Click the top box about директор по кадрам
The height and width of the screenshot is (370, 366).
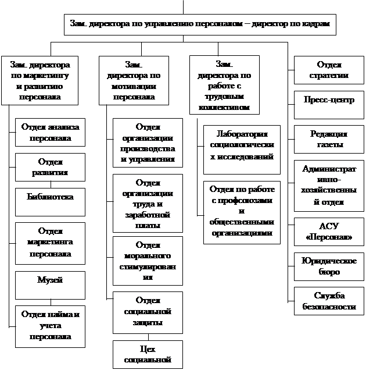tap(200, 24)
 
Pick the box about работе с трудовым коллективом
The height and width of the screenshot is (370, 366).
tap(224, 84)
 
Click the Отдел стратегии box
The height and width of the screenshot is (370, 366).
tap(329, 70)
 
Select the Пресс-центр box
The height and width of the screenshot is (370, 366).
tap(329, 99)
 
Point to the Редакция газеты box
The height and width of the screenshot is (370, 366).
tap(329, 140)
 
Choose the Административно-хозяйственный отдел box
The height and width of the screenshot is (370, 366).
tap(329, 186)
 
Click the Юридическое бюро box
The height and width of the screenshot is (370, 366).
tap(329, 267)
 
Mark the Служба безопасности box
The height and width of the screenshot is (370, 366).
tap(329, 301)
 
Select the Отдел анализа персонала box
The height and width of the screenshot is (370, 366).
tap(51, 133)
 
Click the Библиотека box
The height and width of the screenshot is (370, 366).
tap(51, 198)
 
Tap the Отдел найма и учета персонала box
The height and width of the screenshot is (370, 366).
tap(51, 326)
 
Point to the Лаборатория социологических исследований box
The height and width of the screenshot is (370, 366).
tap(242, 150)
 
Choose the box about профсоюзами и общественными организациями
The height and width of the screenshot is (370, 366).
tap(242, 212)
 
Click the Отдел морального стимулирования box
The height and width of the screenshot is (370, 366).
tap(148, 261)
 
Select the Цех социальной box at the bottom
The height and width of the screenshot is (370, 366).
tap(148, 354)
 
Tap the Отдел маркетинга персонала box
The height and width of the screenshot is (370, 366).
tap(51, 243)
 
